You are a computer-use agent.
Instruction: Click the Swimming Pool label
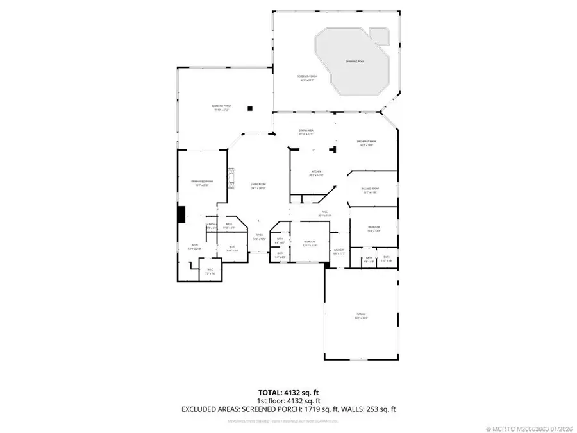coord(354,61)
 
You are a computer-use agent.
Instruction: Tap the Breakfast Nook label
coord(367,142)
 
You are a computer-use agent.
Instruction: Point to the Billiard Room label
coord(371,191)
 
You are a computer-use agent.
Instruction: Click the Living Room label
coord(258,186)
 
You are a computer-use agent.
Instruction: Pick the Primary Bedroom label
coord(202,183)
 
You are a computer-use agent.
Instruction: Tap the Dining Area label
coord(306,132)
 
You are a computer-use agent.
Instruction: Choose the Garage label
coord(360,316)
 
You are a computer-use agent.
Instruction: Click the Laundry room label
coord(339,251)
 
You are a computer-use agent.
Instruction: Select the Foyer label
coord(259,237)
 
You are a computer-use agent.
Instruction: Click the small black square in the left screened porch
coord(251,108)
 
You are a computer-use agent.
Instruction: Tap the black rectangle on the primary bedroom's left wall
coord(181,214)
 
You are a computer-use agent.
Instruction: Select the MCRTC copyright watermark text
coord(530,428)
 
